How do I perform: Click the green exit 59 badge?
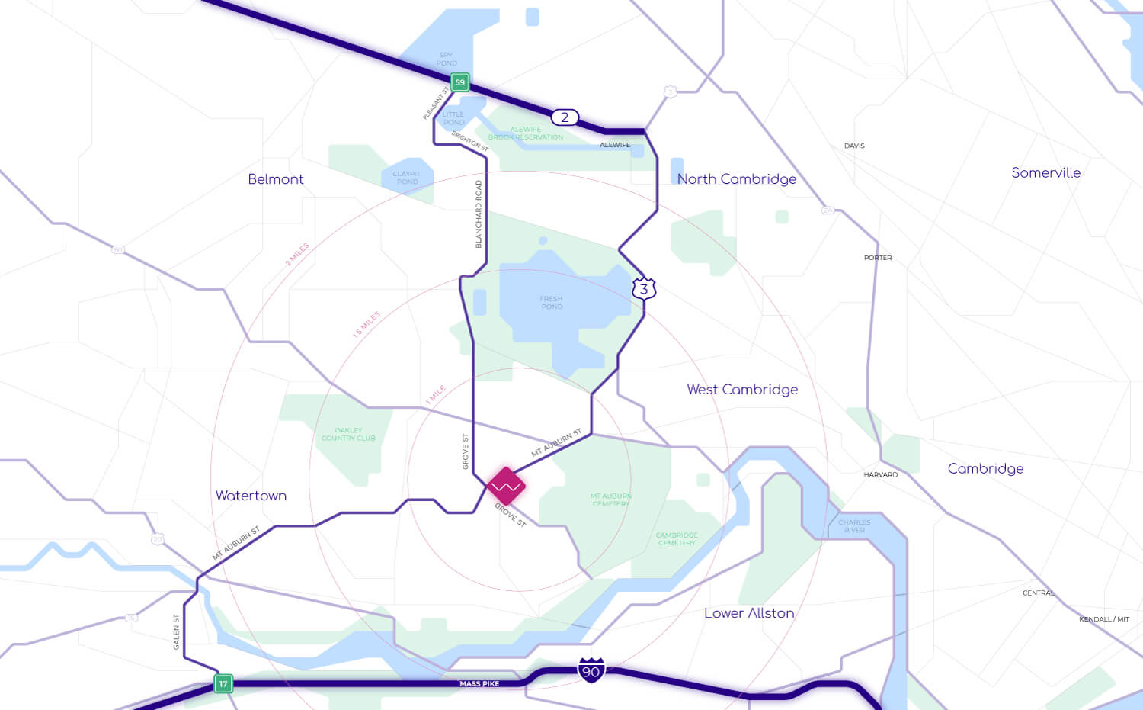[459, 82]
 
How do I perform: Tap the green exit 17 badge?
[223, 683]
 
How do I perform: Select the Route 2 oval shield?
[565, 117]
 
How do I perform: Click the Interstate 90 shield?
[591, 670]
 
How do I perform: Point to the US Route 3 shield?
[644, 289]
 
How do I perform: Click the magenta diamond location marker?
[506, 486]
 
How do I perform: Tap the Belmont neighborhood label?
[276, 179]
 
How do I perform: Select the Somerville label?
[1045, 173]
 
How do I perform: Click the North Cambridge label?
[737, 179]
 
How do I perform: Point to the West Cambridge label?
[742, 390]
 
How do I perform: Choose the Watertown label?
[251, 496]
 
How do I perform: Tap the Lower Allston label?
[749, 613]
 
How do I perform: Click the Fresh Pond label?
[552, 303]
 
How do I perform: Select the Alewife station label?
[615, 145]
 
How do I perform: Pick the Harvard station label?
[880, 475]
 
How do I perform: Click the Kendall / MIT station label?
[1103, 619]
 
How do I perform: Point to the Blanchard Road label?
[479, 214]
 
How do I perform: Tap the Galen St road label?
[177, 632]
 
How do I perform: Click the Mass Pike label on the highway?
[479, 684]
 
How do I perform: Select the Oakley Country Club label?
[348, 434]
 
